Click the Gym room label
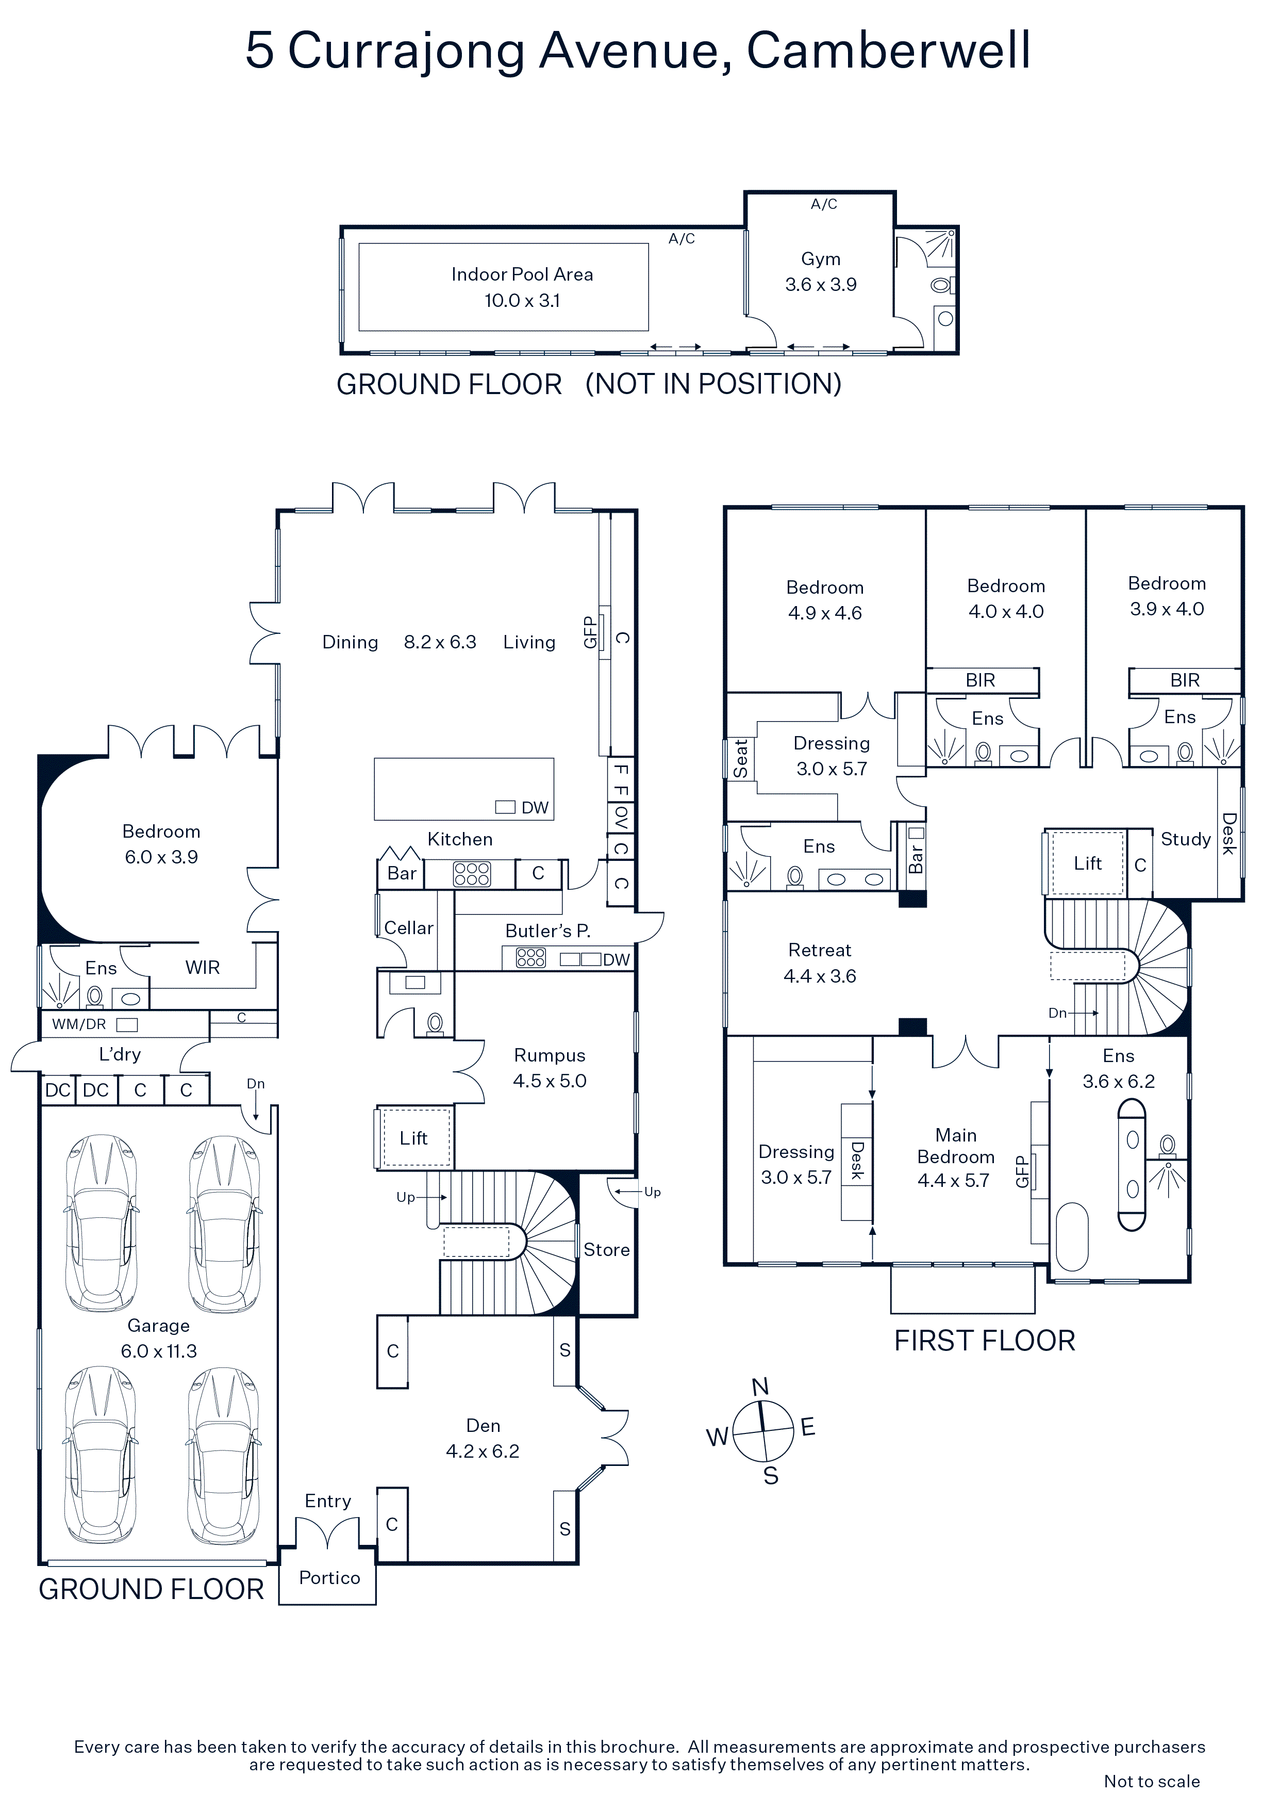click(x=820, y=259)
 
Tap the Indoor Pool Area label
click(x=522, y=274)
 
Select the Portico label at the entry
click(x=329, y=1577)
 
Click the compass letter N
click(x=760, y=1387)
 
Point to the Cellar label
click(x=408, y=928)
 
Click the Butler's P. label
click(x=547, y=930)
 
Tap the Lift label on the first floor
click(x=1088, y=863)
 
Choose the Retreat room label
click(x=820, y=950)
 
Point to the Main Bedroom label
click(x=956, y=1146)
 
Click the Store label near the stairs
click(x=606, y=1249)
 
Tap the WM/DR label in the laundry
click(x=79, y=1024)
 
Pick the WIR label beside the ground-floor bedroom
click(x=203, y=967)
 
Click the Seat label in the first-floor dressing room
click(x=741, y=758)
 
